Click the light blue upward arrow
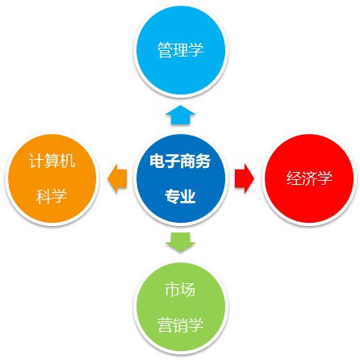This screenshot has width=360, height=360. (x=180, y=115)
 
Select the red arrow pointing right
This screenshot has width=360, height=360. (x=245, y=178)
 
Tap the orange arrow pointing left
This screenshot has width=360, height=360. (x=117, y=178)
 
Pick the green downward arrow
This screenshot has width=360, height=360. (x=180, y=242)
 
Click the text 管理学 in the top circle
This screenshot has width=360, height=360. (x=180, y=50)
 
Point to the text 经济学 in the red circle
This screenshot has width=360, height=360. (x=309, y=178)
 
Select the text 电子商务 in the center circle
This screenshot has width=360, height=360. (x=180, y=161)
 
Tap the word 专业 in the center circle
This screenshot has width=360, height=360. (x=180, y=196)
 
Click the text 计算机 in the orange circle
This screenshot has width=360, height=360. (x=52, y=161)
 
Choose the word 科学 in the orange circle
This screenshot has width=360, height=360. (x=52, y=196)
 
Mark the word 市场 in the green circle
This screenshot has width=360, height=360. (x=180, y=290)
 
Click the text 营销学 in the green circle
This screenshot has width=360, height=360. (x=180, y=324)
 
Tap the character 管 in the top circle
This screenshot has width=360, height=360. (x=165, y=50)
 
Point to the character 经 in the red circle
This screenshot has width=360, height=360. (x=294, y=178)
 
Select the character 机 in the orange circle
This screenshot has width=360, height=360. (x=68, y=161)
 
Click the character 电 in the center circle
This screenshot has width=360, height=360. (x=157, y=161)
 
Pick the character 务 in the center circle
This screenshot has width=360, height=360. (x=203, y=161)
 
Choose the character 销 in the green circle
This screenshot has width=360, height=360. (x=180, y=324)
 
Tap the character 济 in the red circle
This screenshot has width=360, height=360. (x=309, y=178)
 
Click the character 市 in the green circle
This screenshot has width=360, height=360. (x=172, y=290)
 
